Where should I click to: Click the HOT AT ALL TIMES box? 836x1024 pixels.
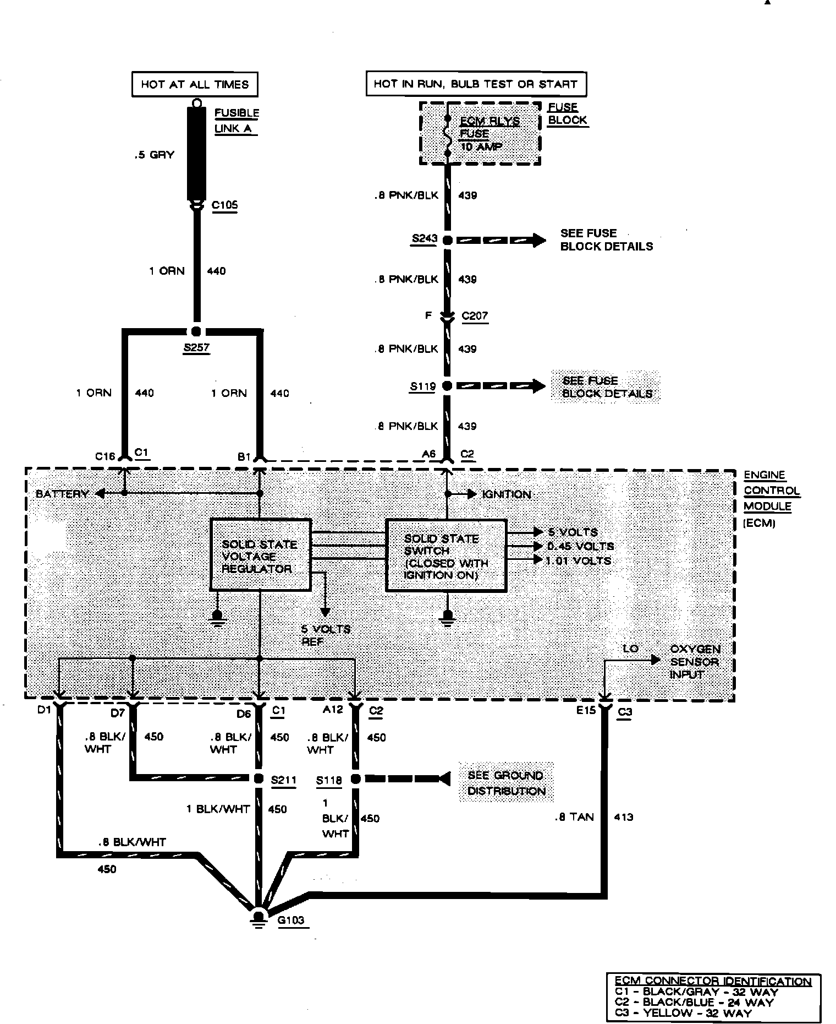point(195,84)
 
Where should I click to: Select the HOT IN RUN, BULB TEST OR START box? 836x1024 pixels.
point(476,84)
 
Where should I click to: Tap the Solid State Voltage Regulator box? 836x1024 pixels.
point(261,555)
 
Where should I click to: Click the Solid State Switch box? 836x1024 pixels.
point(446,555)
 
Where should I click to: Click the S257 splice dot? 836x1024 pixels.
point(195,331)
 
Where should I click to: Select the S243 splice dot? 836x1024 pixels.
point(447,240)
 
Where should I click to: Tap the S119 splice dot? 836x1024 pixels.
point(447,386)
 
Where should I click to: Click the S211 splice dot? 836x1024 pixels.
point(258,778)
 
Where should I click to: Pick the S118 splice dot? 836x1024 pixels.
point(355,778)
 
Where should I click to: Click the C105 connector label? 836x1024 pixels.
point(224,205)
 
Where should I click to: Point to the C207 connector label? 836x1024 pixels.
point(475,316)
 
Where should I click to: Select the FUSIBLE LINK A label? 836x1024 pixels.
point(237,121)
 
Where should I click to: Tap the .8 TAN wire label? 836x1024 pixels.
point(574,817)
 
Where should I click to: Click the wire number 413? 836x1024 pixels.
point(623,817)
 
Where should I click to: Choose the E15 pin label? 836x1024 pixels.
point(586,710)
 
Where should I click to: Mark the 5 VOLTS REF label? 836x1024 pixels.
point(326,635)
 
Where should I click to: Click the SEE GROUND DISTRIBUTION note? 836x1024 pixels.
point(506,783)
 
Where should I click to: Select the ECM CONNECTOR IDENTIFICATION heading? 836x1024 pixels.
point(712,981)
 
